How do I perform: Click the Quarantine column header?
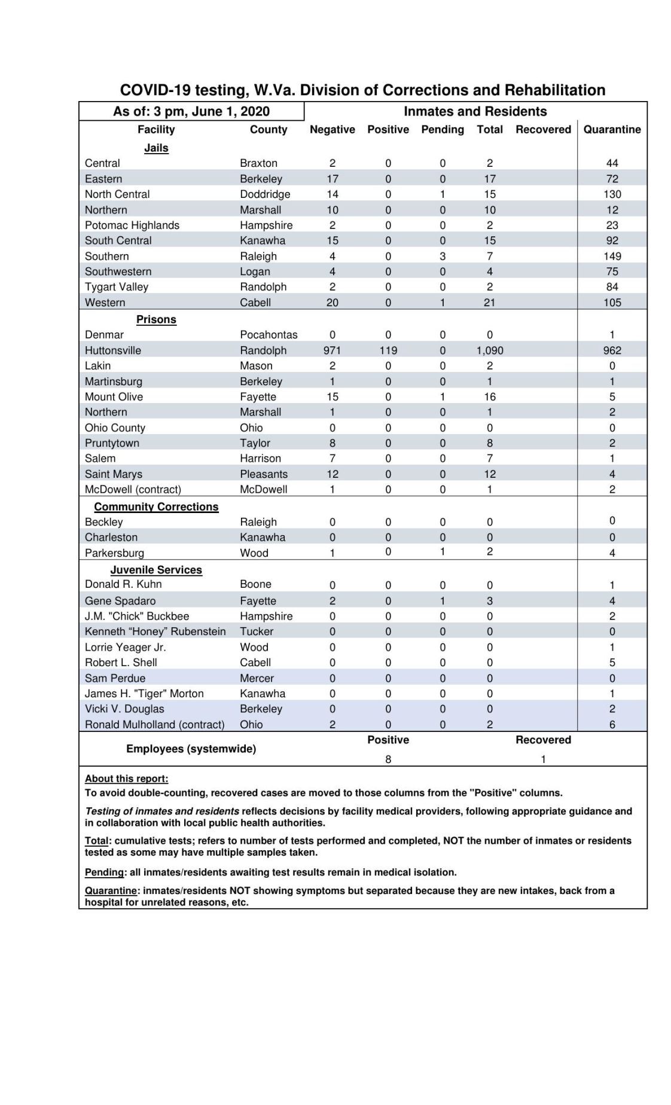(x=612, y=130)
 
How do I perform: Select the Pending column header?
(x=442, y=130)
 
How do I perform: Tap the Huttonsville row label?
(x=113, y=350)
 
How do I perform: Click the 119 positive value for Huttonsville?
(x=388, y=350)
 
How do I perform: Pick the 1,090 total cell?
(x=489, y=350)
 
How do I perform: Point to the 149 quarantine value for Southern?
(x=612, y=256)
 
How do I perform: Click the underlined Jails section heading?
(x=156, y=148)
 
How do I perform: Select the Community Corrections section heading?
(x=156, y=506)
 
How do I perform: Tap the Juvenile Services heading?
(x=156, y=570)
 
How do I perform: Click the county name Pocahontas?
(x=269, y=335)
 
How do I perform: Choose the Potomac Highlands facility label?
(x=132, y=225)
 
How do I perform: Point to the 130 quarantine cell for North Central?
(x=612, y=194)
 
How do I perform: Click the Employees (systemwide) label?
(x=191, y=749)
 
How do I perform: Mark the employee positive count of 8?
(x=388, y=759)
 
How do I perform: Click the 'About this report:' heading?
(x=127, y=779)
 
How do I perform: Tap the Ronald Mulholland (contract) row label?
(x=155, y=725)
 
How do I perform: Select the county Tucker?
(x=257, y=631)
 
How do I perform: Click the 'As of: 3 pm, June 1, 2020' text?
(x=191, y=112)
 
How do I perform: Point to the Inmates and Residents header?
(x=475, y=112)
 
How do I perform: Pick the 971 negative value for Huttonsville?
(x=332, y=350)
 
